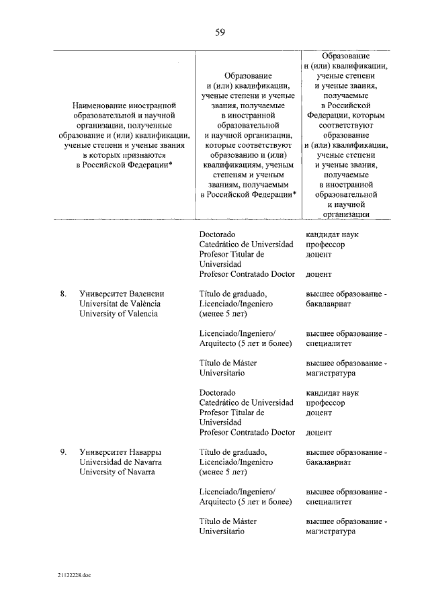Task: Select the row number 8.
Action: click(x=62, y=294)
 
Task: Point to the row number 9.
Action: click(x=62, y=452)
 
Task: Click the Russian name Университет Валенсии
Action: click(x=122, y=294)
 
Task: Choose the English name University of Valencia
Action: click(x=119, y=314)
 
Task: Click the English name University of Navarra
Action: click(x=117, y=472)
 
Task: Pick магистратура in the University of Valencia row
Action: click(x=331, y=373)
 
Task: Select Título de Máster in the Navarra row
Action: click(x=228, y=521)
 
